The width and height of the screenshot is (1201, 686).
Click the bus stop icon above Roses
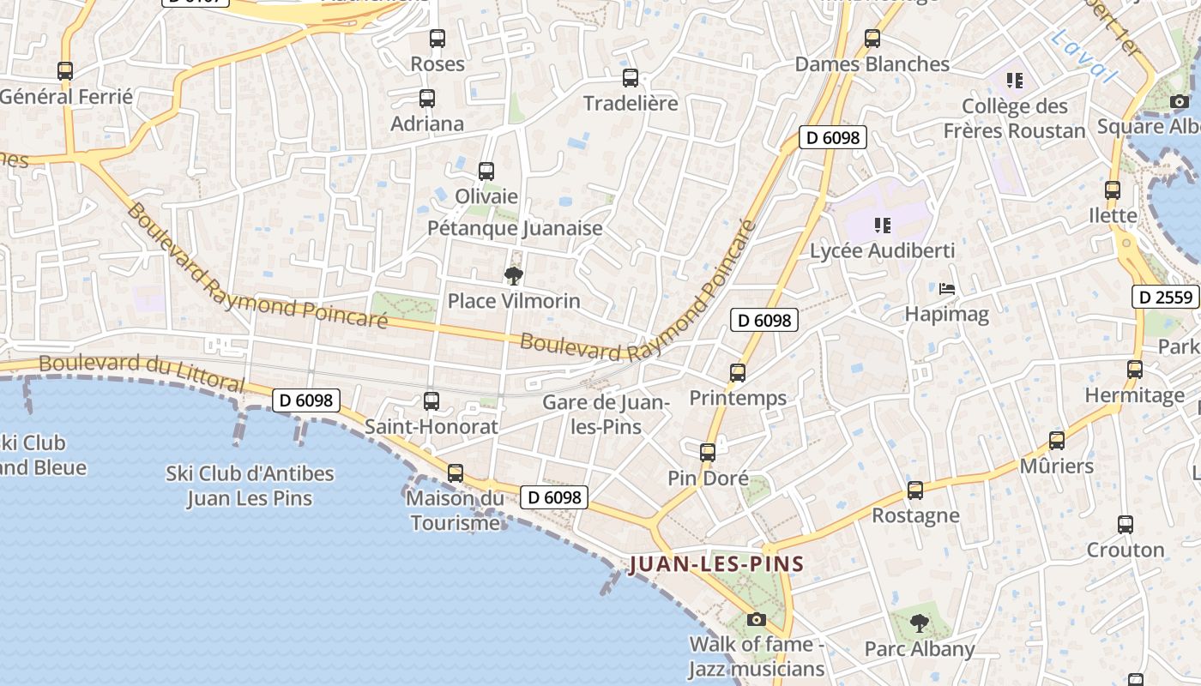(438, 39)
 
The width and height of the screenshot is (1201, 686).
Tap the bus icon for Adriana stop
(427, 99)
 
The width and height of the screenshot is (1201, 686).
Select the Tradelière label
(631, 104)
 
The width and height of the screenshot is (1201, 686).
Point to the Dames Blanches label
(872, 64)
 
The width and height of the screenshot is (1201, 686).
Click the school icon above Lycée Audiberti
(882, 226)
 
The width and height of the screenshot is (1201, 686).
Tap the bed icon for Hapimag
(947, 289)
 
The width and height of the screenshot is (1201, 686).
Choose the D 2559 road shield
(1165, 298)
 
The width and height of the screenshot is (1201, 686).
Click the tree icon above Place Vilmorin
(514, 275)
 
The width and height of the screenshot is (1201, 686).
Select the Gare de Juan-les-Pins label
(606, 414)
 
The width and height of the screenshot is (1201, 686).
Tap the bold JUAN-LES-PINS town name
(716, 564)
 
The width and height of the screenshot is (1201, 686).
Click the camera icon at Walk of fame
(756, 619)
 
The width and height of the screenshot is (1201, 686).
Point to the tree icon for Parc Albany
(920, 623)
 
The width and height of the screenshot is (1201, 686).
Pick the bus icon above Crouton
(1126, 525)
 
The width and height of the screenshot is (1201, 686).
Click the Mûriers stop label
(1056, 466)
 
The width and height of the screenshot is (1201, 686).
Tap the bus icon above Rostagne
(915, 490)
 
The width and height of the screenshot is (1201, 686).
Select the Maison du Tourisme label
(455, 510)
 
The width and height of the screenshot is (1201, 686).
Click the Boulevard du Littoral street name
(142, 370)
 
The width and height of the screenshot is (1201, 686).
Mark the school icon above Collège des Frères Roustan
(1015, 81)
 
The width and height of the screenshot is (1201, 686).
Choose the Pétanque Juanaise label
(515, 229)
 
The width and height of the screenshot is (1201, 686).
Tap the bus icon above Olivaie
(486, 171)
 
